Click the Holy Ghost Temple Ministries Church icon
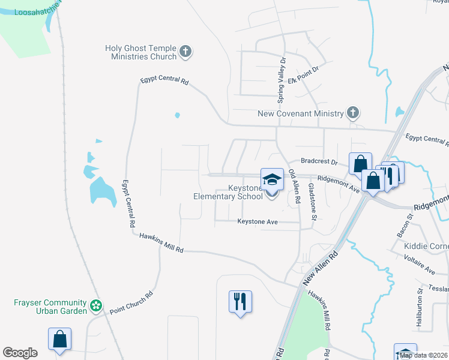tap(185, 52)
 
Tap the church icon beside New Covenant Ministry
tap(353, 113)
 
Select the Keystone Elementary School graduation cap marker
tap(271, 179)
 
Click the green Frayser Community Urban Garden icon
tap(96, 306)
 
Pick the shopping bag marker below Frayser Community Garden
tap(60, 339)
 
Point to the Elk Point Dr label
tap(305, 79)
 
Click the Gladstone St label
tap(311, 202)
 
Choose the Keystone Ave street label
tap(258, 221)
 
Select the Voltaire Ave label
tap(421, 266)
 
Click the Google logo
tap(20, 353)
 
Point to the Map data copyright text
tap(423, 355)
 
